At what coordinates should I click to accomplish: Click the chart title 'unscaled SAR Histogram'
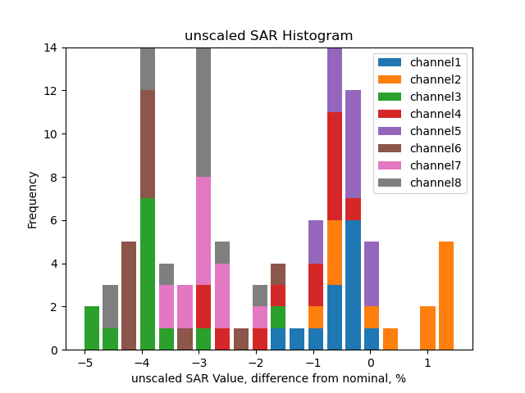tap(268, 36)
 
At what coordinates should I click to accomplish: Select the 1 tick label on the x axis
tap(427, 362)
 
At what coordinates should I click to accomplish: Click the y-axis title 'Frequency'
tap(33, 199)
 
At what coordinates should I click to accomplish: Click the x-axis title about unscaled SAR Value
tap(268, 378)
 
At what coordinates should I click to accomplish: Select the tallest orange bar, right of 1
tap(446, 296)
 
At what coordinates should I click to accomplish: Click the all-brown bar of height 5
tap(129, 296)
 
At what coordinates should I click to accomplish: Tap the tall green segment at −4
tap(148, 274)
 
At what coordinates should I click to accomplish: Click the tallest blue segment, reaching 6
tap(353, 285)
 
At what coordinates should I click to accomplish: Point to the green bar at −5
tap(92, 328)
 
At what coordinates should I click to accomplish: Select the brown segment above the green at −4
tap(148, 144)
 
